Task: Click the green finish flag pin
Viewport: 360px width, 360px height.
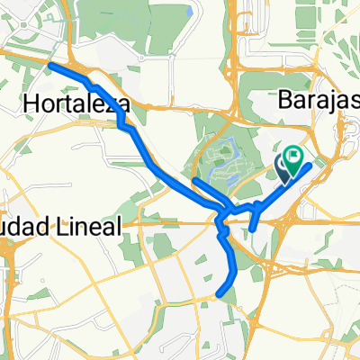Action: tap(294, 161)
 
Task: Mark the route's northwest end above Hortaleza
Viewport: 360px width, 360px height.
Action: tap(50, 66)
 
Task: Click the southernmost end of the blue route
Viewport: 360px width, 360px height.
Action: tap(220, 292)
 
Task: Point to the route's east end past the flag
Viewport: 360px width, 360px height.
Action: tap(311, 166)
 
